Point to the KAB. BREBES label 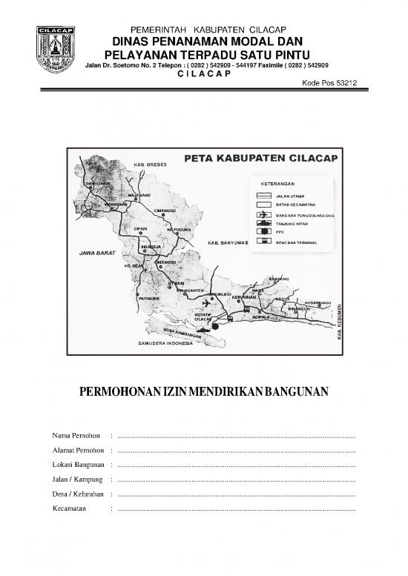(x=150, y=164)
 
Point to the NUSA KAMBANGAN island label (x=182, y=330)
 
